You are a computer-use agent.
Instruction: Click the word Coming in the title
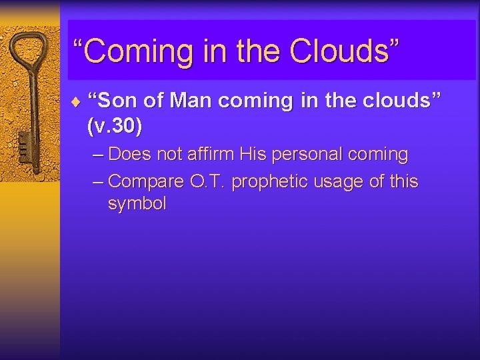tap(135, 51)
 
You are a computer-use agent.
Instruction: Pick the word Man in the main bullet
tap(192, 101)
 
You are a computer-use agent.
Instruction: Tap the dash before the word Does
tap(97, 155)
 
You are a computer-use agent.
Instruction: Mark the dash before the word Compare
tap(97, 181)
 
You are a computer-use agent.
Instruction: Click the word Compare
tap(145, 181)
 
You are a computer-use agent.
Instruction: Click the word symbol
tap(137, 204)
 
